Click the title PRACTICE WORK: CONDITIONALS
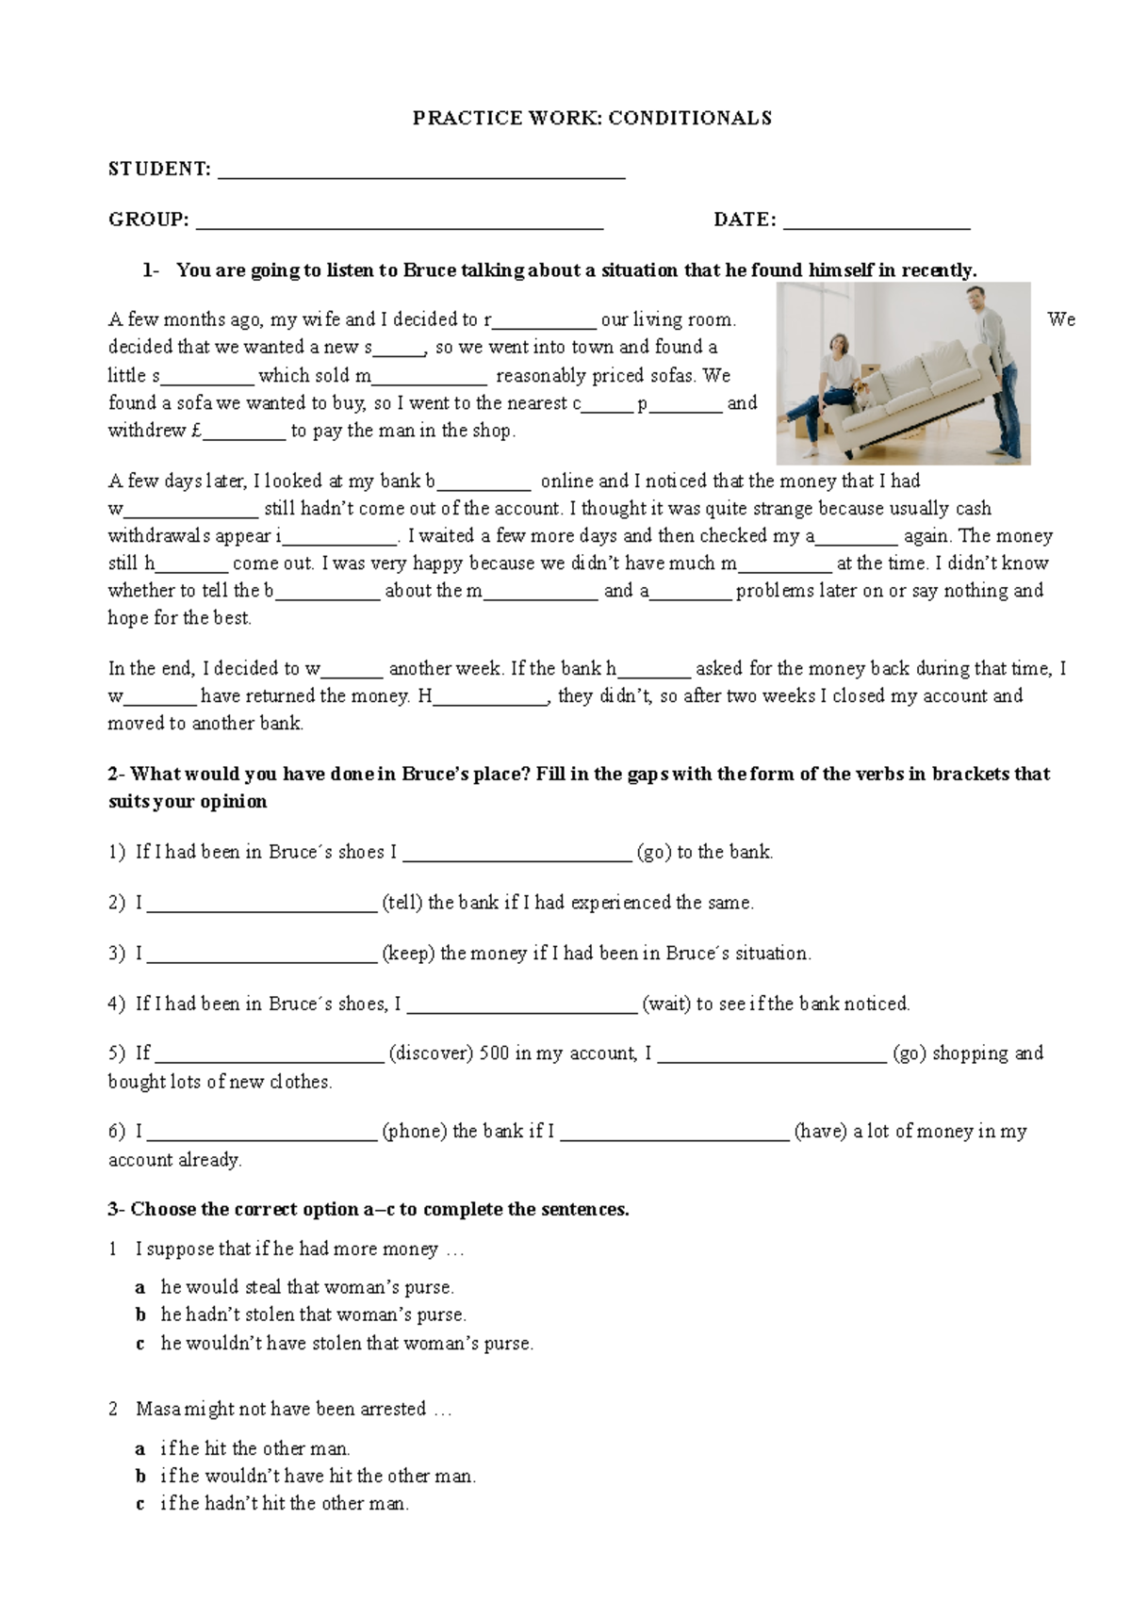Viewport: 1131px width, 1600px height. coord(592,118)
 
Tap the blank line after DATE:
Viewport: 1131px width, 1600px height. coord(877,224)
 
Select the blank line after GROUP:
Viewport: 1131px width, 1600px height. coord(399,224)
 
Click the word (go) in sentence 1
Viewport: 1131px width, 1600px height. coord(654,852)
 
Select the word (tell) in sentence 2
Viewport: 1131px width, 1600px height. coord(402,903)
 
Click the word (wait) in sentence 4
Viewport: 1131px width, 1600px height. coord(666,1004)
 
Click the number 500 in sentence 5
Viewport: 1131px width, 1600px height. coord(494,1053)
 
